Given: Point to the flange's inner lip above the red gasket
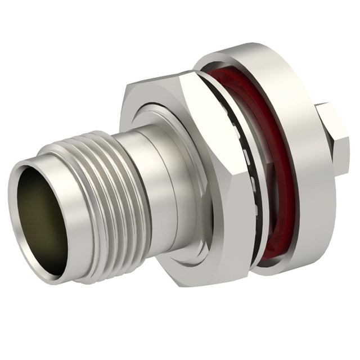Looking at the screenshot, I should pos(225,67).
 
